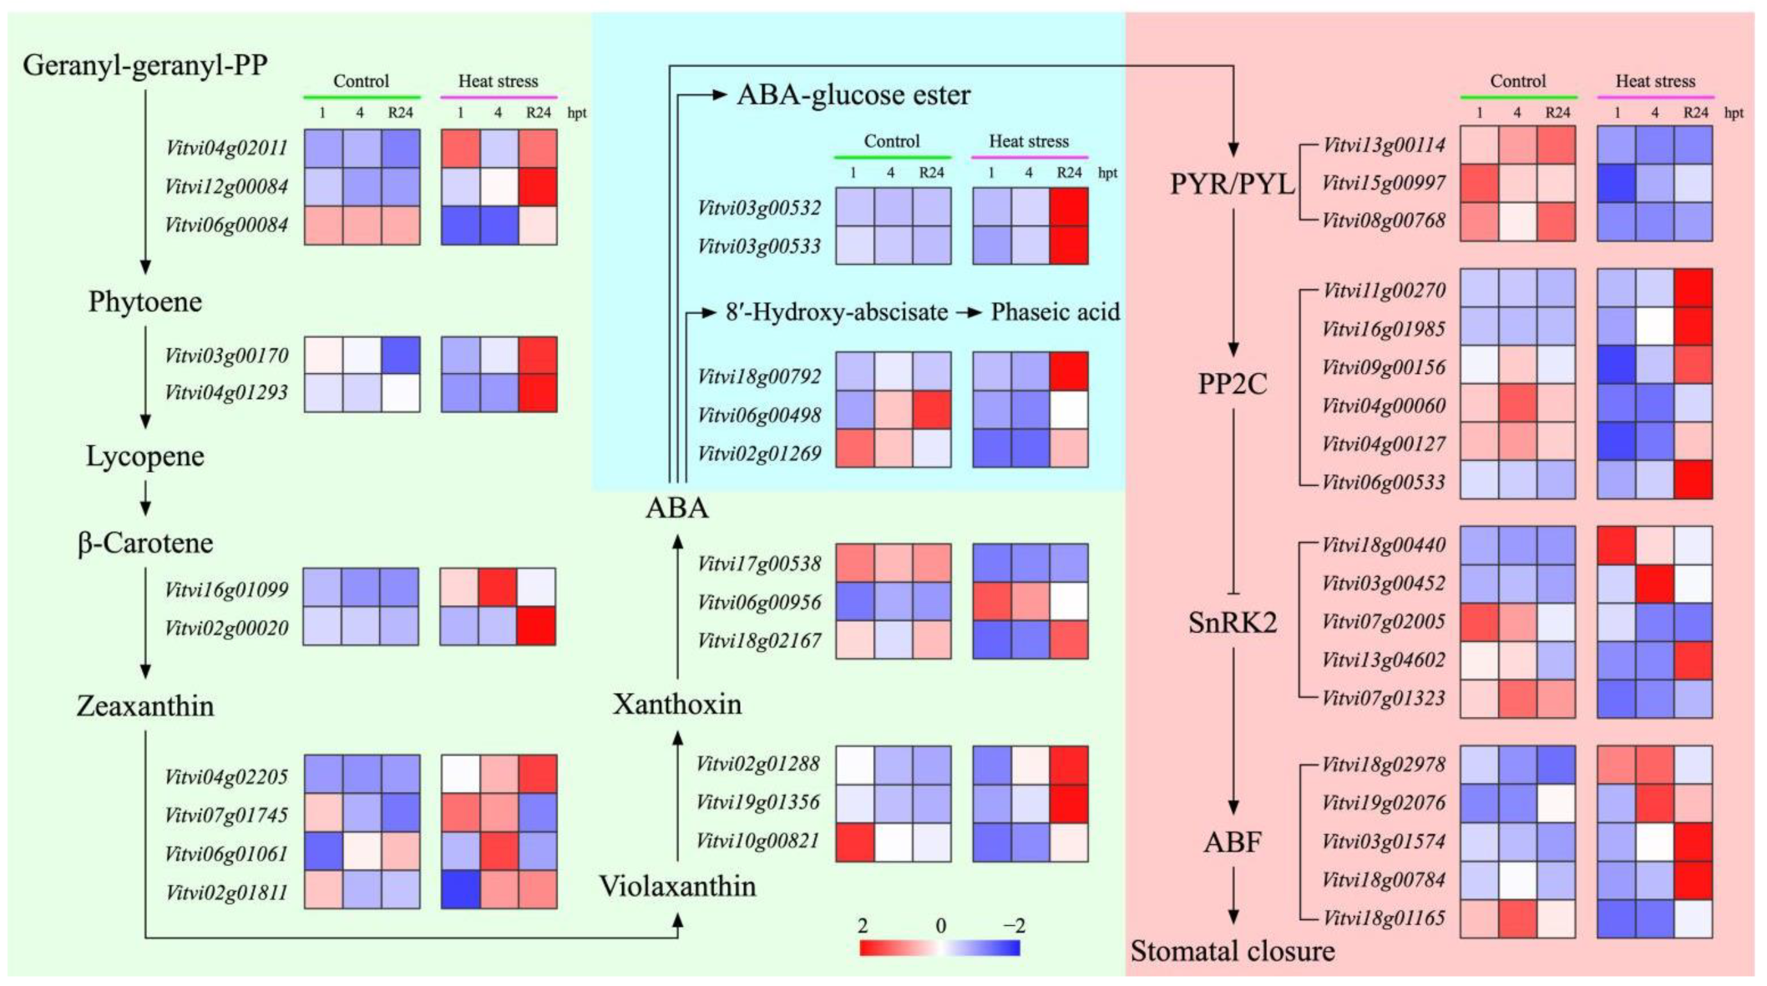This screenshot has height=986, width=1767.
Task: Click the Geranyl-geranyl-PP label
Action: [144, 65]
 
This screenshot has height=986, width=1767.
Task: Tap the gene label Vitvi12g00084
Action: [226, 186]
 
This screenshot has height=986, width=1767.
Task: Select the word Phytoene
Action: [145, 301]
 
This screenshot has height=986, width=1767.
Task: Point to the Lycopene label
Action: [145, 456]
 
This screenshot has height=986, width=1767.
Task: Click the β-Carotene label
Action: [145, 544]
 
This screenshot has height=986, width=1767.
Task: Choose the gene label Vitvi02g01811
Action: [226, 892]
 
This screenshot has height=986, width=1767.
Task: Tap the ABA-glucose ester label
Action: [853, 95]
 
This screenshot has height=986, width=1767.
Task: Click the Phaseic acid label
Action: [1055, 312]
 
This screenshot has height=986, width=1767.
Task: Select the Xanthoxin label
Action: [677, 705]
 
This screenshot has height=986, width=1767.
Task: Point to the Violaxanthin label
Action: [677, 886]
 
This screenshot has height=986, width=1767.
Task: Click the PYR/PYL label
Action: [1232, 184]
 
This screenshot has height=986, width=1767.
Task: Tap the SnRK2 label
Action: [1233, 623]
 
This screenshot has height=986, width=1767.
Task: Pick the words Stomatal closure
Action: [1233, 952]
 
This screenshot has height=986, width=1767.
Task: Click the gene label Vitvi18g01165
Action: [1384, 918]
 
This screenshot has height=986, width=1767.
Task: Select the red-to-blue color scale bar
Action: [939, 948]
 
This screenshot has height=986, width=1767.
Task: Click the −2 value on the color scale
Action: [1013, 926]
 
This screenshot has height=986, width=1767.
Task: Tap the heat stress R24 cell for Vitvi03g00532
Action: [1069, 207]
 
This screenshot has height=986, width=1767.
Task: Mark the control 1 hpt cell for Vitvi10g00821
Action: [854, 842]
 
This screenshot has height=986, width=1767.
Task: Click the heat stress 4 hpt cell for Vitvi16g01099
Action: [498, 589]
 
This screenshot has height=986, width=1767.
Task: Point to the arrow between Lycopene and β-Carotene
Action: [145, 499]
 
